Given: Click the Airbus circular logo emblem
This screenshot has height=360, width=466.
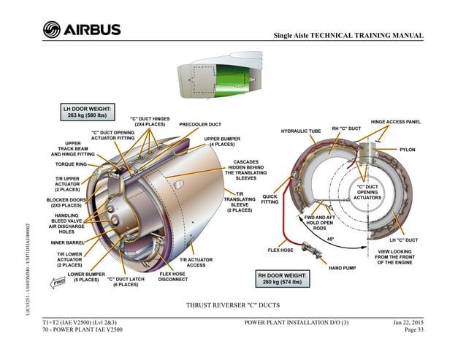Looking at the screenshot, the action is [x=52, y=29].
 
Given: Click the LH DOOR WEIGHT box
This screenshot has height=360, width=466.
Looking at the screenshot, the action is [x=88, y=112].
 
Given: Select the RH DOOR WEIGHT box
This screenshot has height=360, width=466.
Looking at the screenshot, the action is [x=283, y=278].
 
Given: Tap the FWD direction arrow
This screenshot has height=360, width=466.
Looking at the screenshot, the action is [x=58, y=283].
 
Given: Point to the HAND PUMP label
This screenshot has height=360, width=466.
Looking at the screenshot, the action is [x=342, y=268].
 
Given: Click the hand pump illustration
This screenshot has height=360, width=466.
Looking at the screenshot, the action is [x=311, y=250].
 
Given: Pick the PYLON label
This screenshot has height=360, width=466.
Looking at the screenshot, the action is [x=407, y=150].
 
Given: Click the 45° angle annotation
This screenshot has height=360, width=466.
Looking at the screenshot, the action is [x=330, y=239].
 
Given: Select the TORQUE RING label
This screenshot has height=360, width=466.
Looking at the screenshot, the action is [x=71, y=164].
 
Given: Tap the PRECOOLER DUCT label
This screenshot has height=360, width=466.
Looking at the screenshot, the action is [x=200, y=124].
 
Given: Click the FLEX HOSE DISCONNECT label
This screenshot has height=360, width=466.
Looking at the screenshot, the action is [x=173, y=277].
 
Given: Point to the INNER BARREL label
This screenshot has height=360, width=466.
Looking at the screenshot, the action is [x=67, y=242].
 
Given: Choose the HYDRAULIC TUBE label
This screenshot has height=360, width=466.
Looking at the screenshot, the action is [x=301, y=131].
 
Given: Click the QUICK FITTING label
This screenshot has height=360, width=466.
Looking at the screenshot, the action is [x=270, y=199].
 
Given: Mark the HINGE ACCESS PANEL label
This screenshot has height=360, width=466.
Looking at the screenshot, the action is [x=396, y=122].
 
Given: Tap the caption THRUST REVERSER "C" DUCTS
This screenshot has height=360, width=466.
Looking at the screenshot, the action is [x=233, y=305].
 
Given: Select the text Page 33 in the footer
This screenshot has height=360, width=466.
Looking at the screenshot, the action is [x=413, y=329].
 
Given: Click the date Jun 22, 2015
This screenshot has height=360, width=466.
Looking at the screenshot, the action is [x=408, y=322].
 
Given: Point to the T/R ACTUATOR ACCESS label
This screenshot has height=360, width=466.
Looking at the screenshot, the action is [x=196, y=262].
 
